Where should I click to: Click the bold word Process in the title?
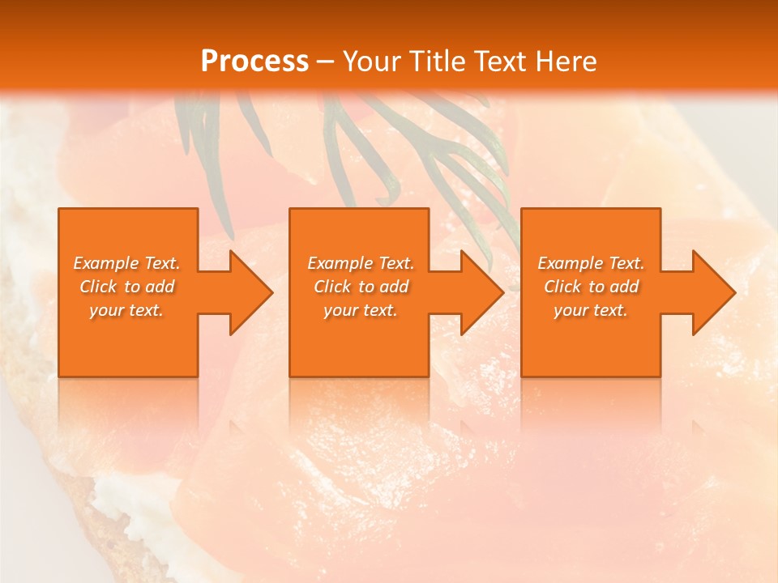254,61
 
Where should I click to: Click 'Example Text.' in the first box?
126,263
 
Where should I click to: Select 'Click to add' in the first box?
126,287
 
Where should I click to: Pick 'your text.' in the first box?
126,310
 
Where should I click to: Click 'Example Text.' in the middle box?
360,263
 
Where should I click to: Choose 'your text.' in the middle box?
360,310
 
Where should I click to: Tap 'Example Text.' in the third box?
591,263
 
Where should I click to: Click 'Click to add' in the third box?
591,287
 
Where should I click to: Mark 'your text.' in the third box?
591,310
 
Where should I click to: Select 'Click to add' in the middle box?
360,287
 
